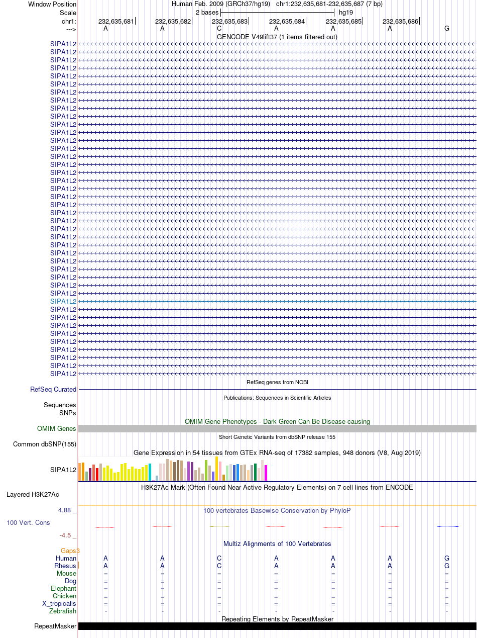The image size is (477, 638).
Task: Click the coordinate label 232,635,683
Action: pyautogui.click(x=229, y=21)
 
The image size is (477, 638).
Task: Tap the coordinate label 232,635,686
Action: pyautogui.click(x=400, y=21)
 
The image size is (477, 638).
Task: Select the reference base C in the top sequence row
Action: pyautogui.click(x=219, y=29)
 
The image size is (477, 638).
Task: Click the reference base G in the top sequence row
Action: pyautogui.click(x=446, y=29)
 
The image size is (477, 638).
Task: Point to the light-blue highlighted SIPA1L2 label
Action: pyautogui.click(x=63, y=302)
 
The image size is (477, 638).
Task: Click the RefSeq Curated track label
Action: pyautogui.click(x=53, y=390)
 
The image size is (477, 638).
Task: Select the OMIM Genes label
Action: pyautogui.click(x=57, y=428)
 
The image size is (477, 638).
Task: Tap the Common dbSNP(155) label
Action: pyautogui.click(x=45, y=444)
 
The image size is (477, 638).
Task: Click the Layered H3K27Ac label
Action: pyautogui.click(x=33, y=494)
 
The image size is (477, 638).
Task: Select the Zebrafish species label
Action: pyautogui.click(x=63, y=611)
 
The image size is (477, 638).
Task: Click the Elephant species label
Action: pyautogui.click(x=63, y=588)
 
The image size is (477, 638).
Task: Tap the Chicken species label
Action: pyautogui.click(x=64, y=596)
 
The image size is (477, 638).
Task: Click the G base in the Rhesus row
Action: pyautogui.click(x=446, y=566)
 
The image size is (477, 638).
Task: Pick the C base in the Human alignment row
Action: pyautogui.click(x=219, y=558)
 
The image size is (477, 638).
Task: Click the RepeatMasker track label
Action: pyautogui.click(x=55, y=626)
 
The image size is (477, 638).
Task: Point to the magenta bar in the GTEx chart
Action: pyautogui.click(x=266, y=473)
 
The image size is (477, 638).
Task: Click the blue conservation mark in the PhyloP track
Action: pyautogui.click(x=448, y=526)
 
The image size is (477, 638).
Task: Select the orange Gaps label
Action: pyautogui.click(x=70, y=551)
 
